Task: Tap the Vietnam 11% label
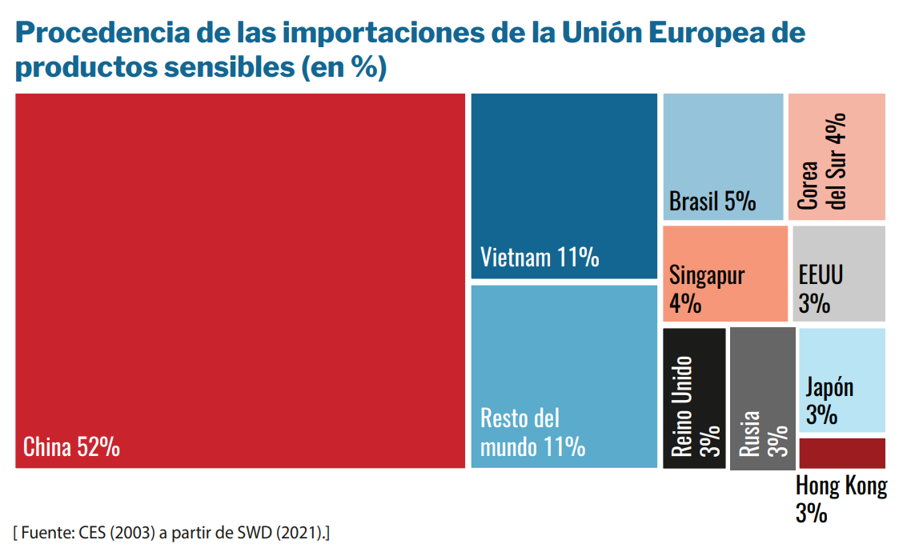tap(540, 258)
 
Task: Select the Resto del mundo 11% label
tap(532, 433)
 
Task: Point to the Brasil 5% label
tap(712, 201)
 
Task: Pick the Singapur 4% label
tap(706, 290)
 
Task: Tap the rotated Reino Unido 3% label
tap(693, 406)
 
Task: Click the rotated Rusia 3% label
tap(762, 433)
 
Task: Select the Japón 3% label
tap(829, 402)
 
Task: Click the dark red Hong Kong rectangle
tap(841, 453)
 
